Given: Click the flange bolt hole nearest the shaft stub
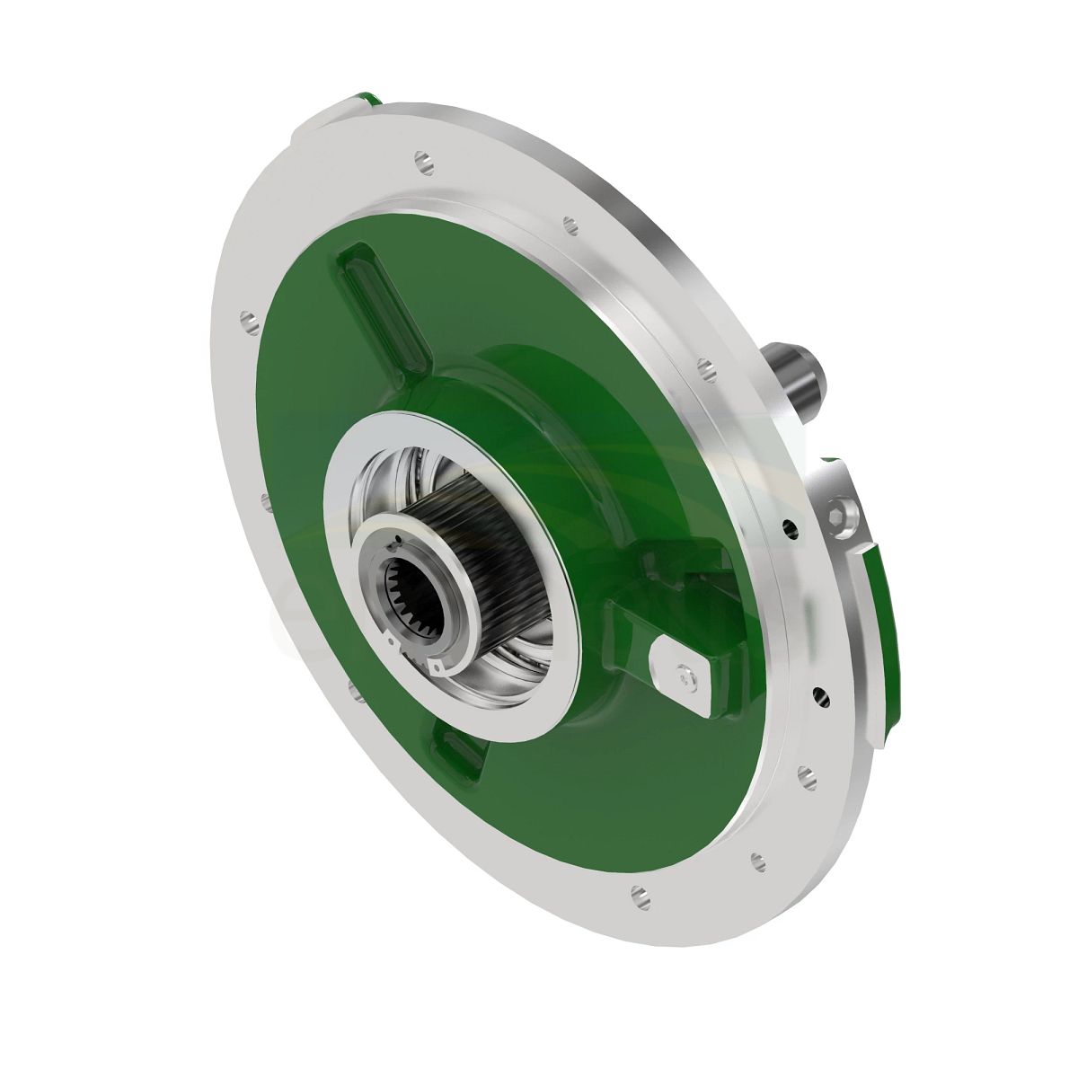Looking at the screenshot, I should point(705,367).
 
